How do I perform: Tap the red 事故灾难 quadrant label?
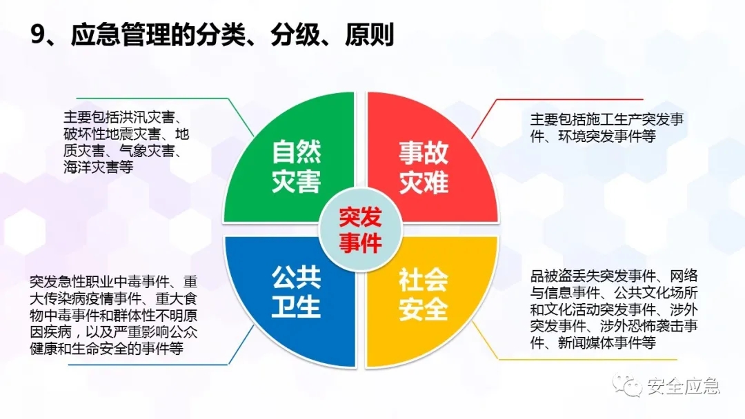(424, 167)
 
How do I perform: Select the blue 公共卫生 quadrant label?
(297, 292)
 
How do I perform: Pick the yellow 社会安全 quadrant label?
(424, 294)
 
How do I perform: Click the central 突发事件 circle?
(361, 230)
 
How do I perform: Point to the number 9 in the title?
(37, 34)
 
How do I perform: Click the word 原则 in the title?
(369, 34)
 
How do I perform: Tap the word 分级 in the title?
(295, 34)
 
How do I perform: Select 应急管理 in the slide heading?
(121, 34)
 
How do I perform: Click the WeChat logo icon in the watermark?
(626, 385)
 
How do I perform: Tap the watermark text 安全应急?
(684, 387)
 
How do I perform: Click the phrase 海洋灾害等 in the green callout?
(99, 167)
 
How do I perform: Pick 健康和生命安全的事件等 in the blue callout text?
(106, 349)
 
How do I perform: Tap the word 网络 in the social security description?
(684, 276)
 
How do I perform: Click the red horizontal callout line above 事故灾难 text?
(570, 100)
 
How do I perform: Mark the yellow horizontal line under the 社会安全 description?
(587, 359)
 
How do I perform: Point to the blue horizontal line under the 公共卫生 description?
(148, 365)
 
